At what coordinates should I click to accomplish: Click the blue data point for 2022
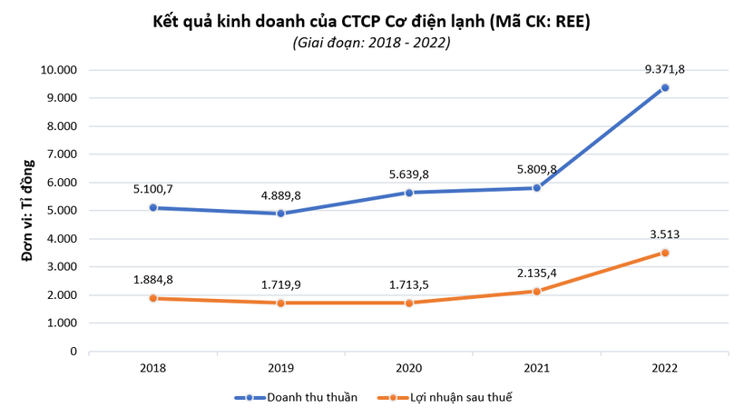tap(664, 87)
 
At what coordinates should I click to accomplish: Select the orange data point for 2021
tap(536, 291)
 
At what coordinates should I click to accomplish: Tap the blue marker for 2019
tap(280, 214)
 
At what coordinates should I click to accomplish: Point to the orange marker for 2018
tap(152, 298)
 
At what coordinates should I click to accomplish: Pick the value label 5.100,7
tap(152, 189)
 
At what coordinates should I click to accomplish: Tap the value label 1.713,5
tap(408, 284)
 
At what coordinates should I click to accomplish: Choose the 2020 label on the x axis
tap(408, 368)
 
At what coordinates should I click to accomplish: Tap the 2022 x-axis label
tap(664, 368)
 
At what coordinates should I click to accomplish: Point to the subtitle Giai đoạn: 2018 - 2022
tap(371, 42)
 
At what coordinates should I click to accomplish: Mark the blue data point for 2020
tap(408, 193)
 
